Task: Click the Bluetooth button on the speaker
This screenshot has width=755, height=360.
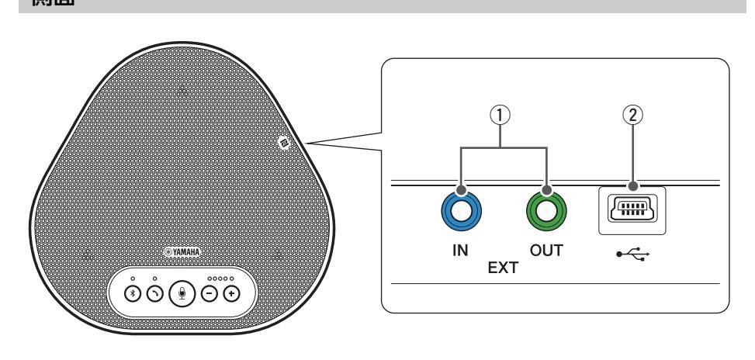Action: click(x=133, y=294)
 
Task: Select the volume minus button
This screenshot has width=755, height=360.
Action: click(x=210, y=294)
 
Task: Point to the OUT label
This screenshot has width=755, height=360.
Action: click(x=548, y=252)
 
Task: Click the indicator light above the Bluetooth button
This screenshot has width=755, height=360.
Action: click(x=133, y=276)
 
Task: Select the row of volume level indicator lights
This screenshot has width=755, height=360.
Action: click(x=220, y=276)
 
